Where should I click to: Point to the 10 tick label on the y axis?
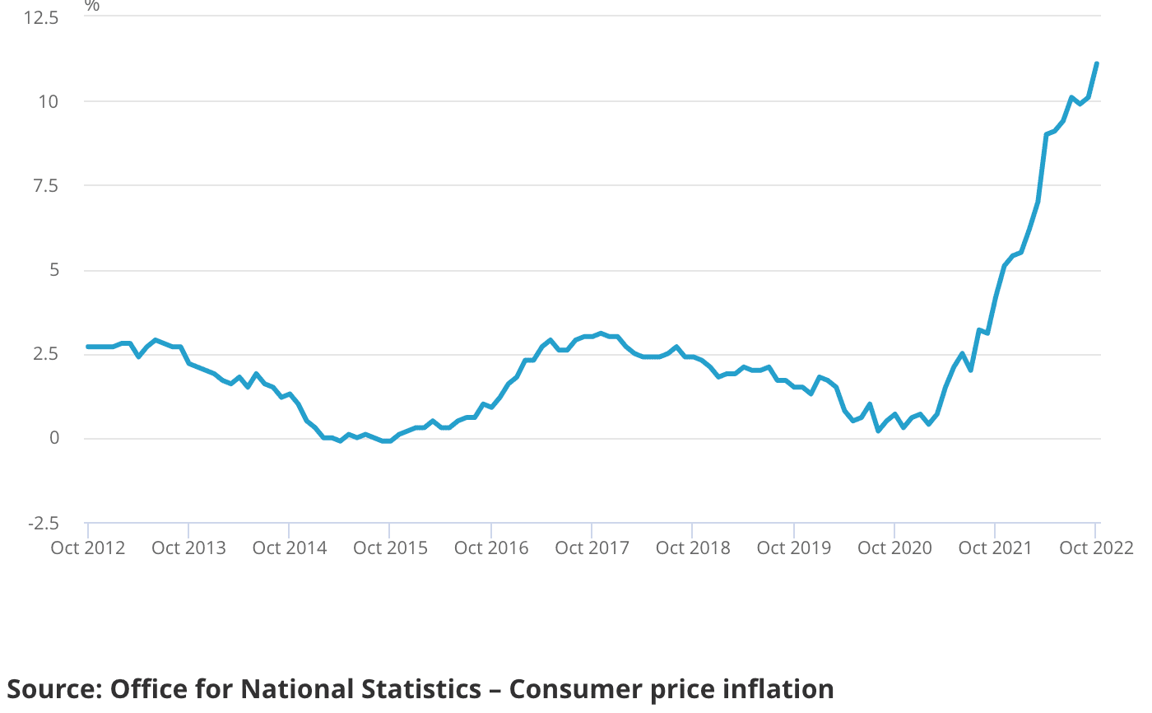coord(48,102)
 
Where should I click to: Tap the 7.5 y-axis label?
coord(44,187)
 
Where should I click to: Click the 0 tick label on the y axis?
coord(53,439)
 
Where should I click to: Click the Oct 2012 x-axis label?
coord(88,548)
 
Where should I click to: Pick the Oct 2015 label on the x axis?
coord(391,548)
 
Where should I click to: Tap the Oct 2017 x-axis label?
coord(592,548)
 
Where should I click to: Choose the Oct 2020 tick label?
coord(895,548)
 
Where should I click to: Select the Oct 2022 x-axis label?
coord(1097,548)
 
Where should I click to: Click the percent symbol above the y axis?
coord(92,6)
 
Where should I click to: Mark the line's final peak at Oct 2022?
coord(1097,63)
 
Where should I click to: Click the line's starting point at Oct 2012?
coord(88,347)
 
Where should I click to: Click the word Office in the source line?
coord(141,689)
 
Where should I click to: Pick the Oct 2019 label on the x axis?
coord(794,548)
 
